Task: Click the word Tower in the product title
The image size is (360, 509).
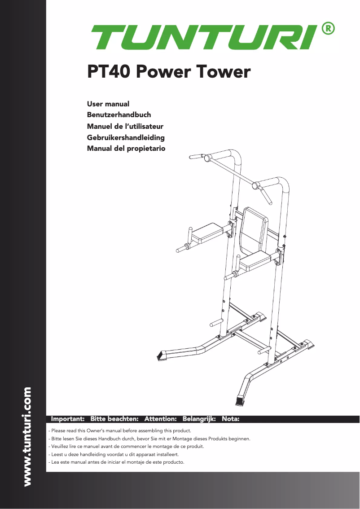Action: (223, 72)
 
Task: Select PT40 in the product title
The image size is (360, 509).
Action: (109, 72)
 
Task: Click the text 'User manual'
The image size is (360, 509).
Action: (108, 104)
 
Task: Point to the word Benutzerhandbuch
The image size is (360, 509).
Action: (119, 115)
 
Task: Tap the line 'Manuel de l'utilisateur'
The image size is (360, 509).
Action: (125, 126)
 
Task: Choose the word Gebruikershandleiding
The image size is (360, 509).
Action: (126, 137)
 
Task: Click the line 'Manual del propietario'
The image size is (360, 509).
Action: (126, 148)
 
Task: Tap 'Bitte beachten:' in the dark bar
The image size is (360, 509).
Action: (114, 419)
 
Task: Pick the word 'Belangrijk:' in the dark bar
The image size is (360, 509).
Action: (199, 419)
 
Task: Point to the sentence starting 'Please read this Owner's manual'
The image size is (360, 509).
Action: (120, 431)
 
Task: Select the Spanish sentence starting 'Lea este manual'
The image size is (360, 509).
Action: (116, 462)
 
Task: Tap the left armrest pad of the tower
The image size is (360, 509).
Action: (208, 230)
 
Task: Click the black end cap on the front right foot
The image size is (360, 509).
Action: (240, 400)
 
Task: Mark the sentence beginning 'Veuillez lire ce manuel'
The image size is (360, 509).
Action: (126, 447)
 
